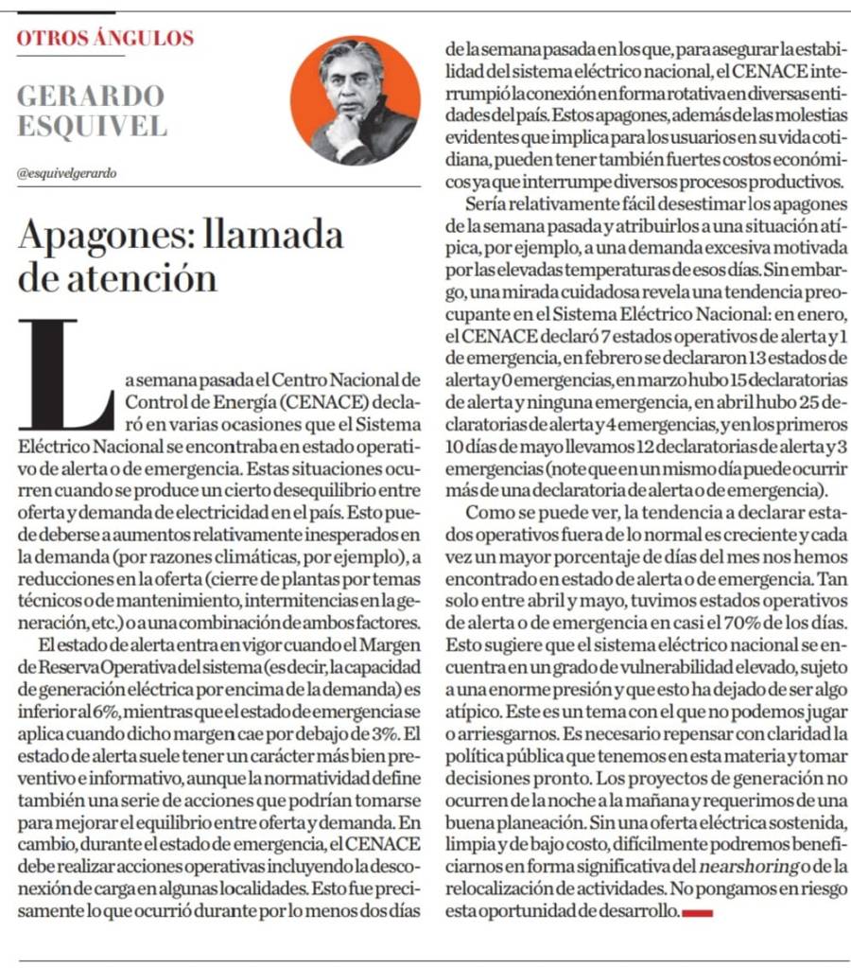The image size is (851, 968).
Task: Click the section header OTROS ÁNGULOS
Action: [x=106, y=39]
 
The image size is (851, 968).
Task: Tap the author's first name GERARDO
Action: [x=91, y=96]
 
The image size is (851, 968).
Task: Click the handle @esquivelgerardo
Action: [x=67, y=173]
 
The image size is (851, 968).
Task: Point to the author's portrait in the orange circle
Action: [x=355, y=101]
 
